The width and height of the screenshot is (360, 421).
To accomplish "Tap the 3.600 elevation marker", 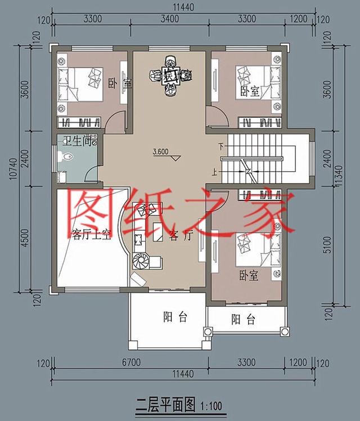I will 161,151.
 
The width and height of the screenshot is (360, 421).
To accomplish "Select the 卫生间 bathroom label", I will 78,142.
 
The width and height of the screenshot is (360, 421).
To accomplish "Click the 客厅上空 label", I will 92,234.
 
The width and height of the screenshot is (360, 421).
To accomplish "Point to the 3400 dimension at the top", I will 169,19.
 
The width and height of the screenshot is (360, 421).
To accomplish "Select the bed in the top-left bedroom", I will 83,83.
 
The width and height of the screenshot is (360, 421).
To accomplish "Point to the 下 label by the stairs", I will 221,147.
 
